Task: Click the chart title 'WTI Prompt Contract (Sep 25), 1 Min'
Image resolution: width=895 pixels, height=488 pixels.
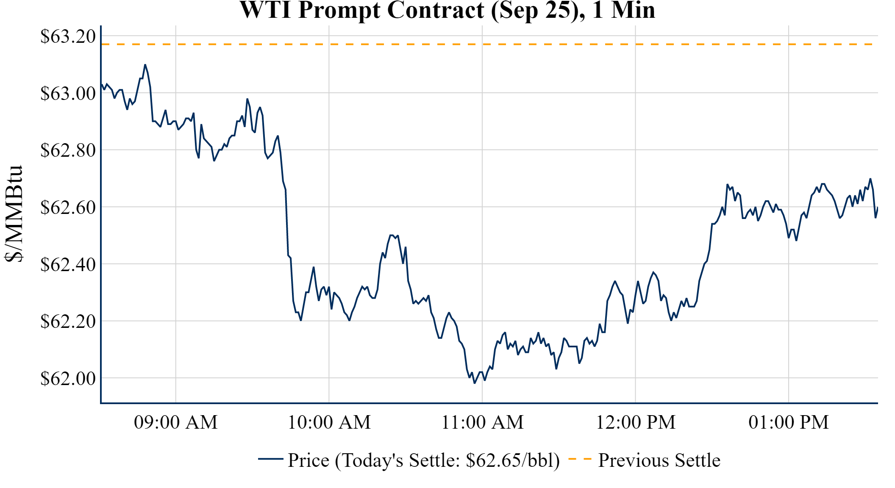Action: tap(447, 10)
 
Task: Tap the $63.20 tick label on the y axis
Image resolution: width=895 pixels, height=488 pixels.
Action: tap(68, 36)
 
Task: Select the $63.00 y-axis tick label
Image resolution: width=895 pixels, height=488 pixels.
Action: tap(68, 93)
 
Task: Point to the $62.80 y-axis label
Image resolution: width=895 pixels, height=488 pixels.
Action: tap(68, 150)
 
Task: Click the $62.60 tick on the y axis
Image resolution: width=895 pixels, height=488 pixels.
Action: tap(68, 207)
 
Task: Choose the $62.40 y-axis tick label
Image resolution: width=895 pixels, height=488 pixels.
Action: tap(68, 264)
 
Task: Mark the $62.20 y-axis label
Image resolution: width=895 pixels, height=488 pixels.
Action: tap(68, 321)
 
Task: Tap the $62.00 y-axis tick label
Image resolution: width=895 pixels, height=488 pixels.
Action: tap(68, 378)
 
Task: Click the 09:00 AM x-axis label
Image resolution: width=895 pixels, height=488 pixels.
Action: tap(175, 422)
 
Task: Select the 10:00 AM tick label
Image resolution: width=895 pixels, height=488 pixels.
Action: tap(329, 422)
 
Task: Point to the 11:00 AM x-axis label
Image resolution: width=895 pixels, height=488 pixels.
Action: tap(482, 422)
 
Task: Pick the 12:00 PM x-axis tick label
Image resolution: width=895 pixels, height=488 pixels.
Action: tap(635, 422)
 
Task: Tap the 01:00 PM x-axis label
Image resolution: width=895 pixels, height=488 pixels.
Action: tap(788, 422)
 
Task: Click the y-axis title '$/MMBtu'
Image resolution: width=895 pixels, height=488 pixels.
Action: tap(14, 214)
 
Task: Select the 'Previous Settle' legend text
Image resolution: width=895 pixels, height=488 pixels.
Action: tap(659, 460)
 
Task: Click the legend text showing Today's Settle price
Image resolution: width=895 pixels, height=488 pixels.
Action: tap(424, 460)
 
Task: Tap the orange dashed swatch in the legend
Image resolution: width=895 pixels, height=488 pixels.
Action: tap(579, 459)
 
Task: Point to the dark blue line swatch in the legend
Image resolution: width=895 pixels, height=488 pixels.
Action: tap(270, 459)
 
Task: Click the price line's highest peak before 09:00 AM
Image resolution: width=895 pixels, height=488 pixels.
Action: tap(145, 65)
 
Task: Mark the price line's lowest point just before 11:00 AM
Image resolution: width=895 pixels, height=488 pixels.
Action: tap(475, 383)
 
